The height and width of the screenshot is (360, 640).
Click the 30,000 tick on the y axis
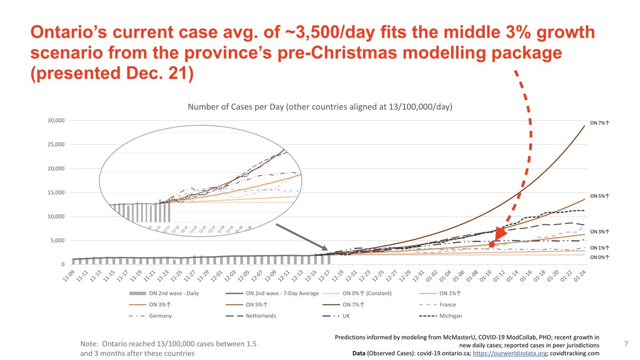(56, 120)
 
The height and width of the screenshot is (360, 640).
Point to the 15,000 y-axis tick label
(56, 193)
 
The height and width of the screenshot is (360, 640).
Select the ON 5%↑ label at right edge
(600, 196)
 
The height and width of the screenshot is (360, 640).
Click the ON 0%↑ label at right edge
(600, 258)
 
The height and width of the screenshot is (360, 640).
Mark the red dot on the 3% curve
(492, 244)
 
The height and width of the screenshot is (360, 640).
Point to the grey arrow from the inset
(302, 237)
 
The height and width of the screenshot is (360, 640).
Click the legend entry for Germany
(160, 316)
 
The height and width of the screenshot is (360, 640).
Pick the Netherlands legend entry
(261, 316)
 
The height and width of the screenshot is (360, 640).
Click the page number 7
(626, 345)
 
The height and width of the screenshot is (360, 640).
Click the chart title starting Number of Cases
(320, 107)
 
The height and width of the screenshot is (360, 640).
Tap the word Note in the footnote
(89, 344)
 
